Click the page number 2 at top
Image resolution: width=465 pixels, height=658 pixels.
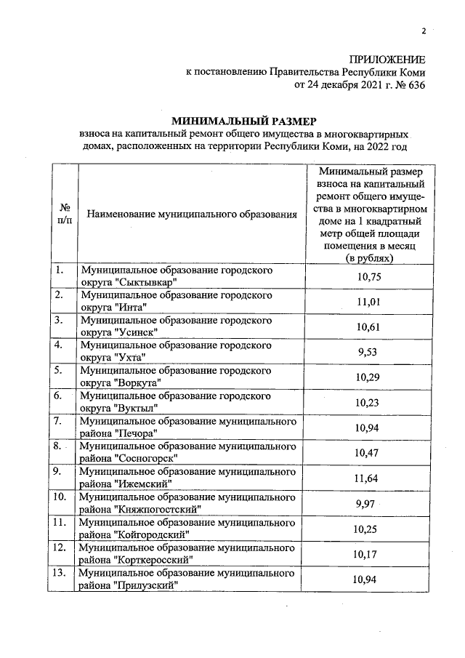pos(422,31)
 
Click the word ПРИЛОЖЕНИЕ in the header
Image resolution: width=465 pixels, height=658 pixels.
pos(387,59)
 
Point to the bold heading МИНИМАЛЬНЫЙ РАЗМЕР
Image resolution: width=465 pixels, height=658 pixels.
pos(244,120)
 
